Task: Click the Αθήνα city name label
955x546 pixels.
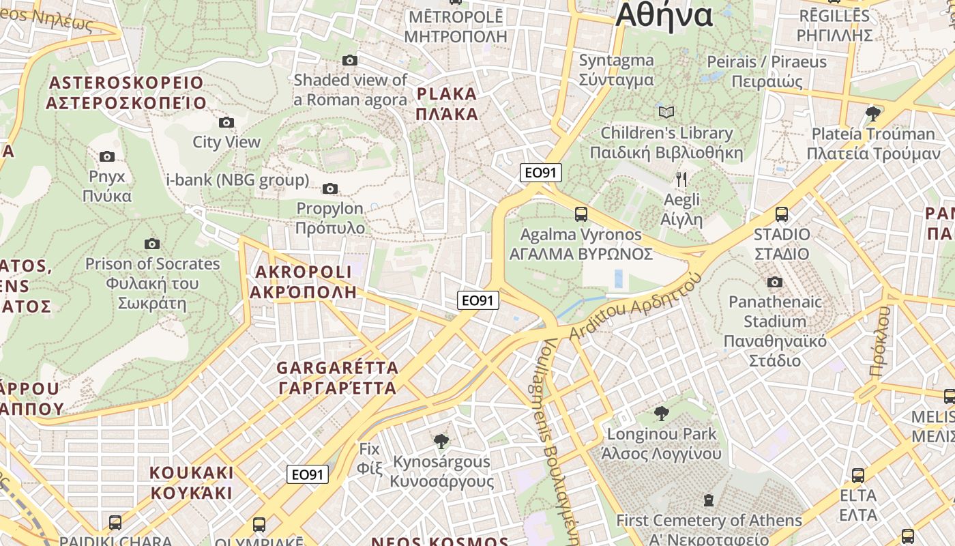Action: (664, 15)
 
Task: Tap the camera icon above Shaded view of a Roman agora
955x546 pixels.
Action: (350, 61)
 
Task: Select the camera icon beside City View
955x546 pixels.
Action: (226, 123)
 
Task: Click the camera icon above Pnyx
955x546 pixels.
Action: (107, 157)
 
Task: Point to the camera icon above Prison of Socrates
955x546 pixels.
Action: (152, 244)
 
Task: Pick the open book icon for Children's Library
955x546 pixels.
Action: (666, 112)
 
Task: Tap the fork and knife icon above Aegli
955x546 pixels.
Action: (681, 179)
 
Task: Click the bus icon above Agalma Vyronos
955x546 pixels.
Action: (581, 214)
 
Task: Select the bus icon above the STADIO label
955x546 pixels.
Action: (782, 214)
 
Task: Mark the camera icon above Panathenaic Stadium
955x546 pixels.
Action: (775, 282)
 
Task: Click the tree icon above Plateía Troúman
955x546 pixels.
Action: (872, 113)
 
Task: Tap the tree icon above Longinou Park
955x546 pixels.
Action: (661, 413)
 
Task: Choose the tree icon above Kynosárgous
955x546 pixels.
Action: (441, 441)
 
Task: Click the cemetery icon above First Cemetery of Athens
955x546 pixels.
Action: (709, 500)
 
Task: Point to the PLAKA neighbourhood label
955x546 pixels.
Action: (447, 103)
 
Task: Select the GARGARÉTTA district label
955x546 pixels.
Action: (338, 378)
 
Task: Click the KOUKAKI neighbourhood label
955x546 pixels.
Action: (192, 483)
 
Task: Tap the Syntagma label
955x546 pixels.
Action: (617, 70)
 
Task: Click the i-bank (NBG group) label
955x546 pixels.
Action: (237, 181)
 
